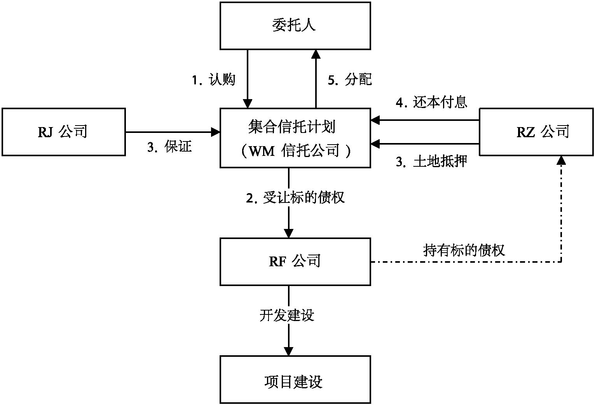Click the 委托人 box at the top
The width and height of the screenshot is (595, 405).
pos(295,26)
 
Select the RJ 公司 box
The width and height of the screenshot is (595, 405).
pos(64,132)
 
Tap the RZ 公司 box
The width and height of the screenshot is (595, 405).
pos(536,132)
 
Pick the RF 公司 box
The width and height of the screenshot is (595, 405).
pos(295,261)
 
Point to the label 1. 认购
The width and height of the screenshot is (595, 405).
pos(214,80)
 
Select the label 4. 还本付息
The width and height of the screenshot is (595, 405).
pos(431,103)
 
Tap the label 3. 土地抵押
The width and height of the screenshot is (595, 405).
pos(431,162)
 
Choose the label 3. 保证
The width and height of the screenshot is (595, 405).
pos(169,147)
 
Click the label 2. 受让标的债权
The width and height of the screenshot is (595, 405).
pos(295,198)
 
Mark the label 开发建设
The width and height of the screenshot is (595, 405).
pos(287,315)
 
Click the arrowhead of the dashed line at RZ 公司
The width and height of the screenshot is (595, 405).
pos(561,160)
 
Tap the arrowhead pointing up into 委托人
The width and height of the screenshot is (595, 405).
pos(316,54)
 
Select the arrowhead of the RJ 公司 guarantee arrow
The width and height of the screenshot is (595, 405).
pos(215,132)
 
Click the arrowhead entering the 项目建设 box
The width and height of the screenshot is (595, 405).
pos(288,351)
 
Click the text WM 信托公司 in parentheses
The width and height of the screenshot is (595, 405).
pos(295,151)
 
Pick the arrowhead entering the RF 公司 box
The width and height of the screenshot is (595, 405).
pos(288,233)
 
